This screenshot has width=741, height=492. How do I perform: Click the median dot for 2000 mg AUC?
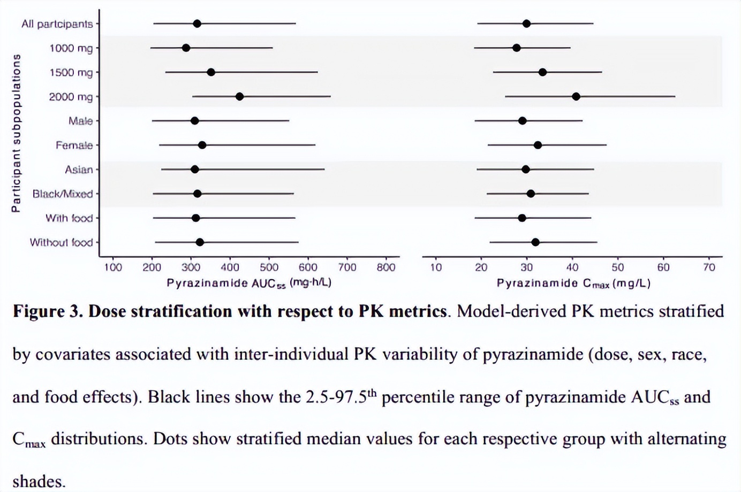click(239, 97)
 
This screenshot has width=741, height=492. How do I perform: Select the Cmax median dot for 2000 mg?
click(576, 97)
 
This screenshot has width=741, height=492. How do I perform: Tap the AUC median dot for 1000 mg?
click(186, 48)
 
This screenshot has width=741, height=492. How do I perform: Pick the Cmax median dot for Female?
click(538, 145)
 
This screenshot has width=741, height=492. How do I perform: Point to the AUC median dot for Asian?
click(194, 170)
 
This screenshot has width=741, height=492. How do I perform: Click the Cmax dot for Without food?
click(535, 242)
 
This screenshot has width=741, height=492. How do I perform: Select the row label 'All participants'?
click(57, 24)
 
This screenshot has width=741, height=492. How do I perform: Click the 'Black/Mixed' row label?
click(63, 194)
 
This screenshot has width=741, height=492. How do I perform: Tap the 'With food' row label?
click(69, 218)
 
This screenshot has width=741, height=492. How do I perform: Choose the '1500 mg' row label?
click(71, 73)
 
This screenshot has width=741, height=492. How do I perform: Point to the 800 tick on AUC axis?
click(386, 267)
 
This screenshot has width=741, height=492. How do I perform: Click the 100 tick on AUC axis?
click(112, 267)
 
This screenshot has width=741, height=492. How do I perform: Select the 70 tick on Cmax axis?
click(709, 267)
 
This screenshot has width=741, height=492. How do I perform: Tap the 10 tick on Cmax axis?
click(436, 267)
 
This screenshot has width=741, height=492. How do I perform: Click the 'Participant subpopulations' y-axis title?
click(16, 133)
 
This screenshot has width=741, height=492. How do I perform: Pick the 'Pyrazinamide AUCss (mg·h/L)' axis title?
click(249, 283)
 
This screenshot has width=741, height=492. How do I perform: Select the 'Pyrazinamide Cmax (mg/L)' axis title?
click(573, 283)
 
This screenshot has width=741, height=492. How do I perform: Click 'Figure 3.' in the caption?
click(48, 311)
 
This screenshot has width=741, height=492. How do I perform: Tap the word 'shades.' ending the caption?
click(39, 481)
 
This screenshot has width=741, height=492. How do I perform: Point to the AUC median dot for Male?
click(194, 121)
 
